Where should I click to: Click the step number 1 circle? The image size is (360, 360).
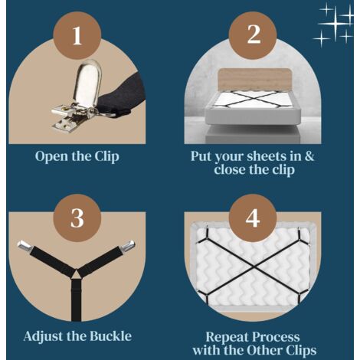point(77,36)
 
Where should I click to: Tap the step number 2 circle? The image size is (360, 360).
point(253,36)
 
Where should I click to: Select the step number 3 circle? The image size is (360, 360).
point(77,218)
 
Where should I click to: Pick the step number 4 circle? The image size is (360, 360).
point(253,218)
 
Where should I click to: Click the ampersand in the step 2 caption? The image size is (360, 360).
point(309,155)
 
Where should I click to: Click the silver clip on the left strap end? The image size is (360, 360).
point(25,245)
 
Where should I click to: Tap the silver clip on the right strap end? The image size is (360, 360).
point(128,245)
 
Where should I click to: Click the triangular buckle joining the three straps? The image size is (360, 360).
point(76,274)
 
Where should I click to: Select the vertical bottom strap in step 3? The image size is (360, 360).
point(76,300)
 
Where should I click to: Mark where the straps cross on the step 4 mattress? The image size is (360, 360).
point(254,268)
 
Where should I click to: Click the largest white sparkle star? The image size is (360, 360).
point(335,24)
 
